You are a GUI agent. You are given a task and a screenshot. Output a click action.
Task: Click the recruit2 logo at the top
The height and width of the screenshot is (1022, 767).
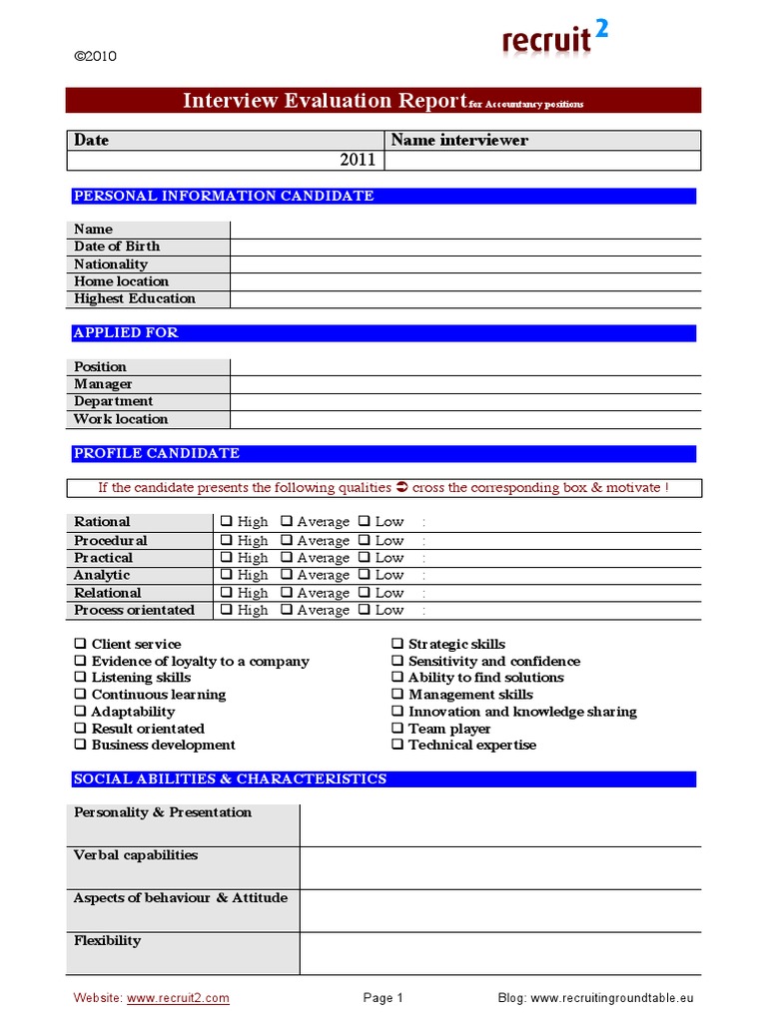[554, 39]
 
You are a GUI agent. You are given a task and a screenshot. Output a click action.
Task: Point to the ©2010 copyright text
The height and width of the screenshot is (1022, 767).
[96, 56]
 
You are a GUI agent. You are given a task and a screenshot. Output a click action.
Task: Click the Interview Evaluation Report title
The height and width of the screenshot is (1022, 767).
[326, 101]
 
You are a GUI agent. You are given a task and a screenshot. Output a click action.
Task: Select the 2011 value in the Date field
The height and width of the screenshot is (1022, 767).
[358, 160]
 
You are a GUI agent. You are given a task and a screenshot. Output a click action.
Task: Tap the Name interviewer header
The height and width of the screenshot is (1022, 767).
[459, 141]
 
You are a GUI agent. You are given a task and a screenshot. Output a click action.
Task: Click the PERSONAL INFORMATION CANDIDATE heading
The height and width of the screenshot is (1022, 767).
[224, 196]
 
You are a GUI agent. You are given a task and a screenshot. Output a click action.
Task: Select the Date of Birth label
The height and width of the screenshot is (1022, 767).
[117, 247]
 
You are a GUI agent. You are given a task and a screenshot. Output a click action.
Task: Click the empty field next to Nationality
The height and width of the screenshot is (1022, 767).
[464, 264]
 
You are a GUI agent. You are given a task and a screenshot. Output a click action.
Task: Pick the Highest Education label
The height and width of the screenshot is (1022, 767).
[135, 298]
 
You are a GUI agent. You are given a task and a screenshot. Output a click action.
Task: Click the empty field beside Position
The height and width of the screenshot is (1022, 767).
[464, 367]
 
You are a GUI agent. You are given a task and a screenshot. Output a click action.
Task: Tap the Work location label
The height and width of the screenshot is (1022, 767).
[121, 419]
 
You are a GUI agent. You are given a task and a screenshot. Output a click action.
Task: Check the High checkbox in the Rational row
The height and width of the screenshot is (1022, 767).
[227, 522]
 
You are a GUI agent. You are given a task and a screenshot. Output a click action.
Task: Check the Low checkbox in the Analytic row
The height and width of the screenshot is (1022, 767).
[365, 575]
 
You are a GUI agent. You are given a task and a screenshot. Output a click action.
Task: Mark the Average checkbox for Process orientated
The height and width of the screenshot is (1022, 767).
[287, 610]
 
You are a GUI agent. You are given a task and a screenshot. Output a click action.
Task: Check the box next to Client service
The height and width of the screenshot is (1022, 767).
[80, 645]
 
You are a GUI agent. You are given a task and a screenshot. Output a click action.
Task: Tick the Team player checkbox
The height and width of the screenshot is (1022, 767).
[397, 729]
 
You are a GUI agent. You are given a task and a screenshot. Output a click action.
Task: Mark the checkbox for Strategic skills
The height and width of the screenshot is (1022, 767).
[397, 645]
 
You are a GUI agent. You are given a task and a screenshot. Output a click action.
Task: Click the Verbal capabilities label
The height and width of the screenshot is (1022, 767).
[136, 855]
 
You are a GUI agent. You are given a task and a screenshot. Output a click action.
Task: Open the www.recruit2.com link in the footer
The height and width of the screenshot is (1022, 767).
[178, 998]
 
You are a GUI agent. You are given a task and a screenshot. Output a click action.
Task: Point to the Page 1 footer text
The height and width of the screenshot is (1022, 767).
[383, 998]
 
